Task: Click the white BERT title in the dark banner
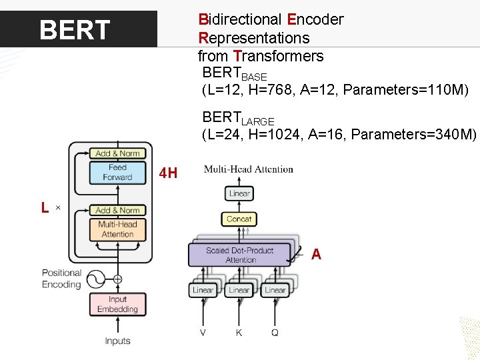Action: pyautogui.click(x=75, y=30)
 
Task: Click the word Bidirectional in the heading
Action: pyautogui.click(x=237, y=19)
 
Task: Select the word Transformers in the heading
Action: pyautogui.click(x=278, y=56)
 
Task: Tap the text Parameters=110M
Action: pyautogui.click(x=412, y=89)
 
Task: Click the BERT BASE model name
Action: pyautogui.click(x=234, y=74)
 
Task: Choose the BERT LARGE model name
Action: pyautogui.click(x=238, y=119)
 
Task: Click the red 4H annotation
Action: pyautogui.click(x=168, y=174)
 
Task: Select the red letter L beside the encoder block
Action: pyautogui.click(x=44, y=208)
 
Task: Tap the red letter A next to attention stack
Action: pyautogui.click(x=316, y=254)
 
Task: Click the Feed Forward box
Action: pyautogui.click(x=117, y=173)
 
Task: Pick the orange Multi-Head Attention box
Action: pyautogui.click(x=117, y=229)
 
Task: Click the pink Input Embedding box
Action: pyautogui.click(x=117, y=304)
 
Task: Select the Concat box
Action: pyautogui.click(x=239, y=219)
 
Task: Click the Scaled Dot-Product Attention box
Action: pyautogui.click(x=239, y=255)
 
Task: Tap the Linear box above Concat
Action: pyautogui.click(x=239, y=193)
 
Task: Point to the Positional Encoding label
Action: pyautogui.click(x=61, y=279)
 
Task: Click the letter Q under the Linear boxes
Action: pyautogui.click(x=275, y=332)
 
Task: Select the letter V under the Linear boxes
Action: pyautogui.click(x=203, y=332)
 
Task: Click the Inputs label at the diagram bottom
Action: pyautogui.click(x=117, y=341)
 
